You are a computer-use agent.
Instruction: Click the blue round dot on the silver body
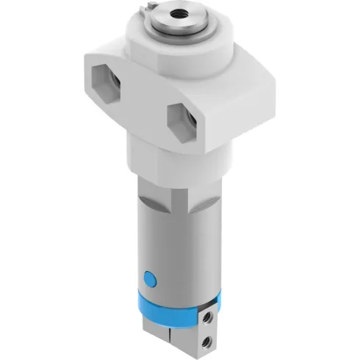tap(150, 278)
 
